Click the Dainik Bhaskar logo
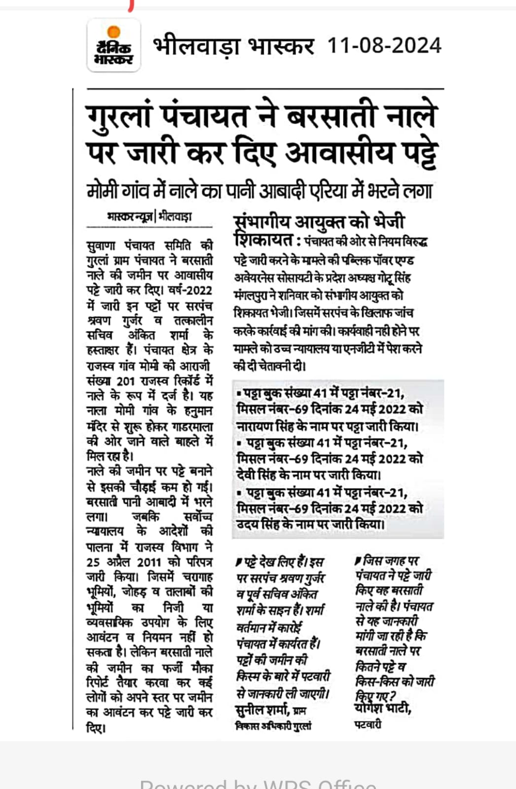(x=113, y=45)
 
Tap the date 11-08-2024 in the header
(x=384, y=46)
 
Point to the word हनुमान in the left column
(x=198, y=411)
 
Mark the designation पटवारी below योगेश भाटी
(x=368, y=724)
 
